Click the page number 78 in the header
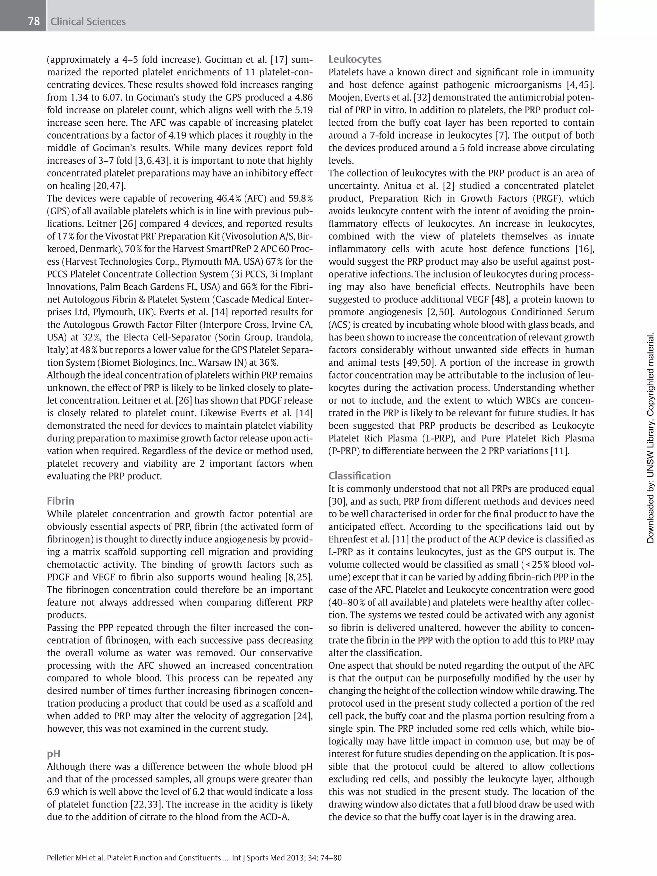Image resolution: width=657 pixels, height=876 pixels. tap(34, 21)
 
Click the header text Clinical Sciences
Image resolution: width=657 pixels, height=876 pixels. tap(88, 21)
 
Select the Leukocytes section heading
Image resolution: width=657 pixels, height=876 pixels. tap(355, 59)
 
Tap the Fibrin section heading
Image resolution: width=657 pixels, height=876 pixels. tap(61, 501)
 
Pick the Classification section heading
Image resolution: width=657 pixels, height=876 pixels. tap(359, 476)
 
